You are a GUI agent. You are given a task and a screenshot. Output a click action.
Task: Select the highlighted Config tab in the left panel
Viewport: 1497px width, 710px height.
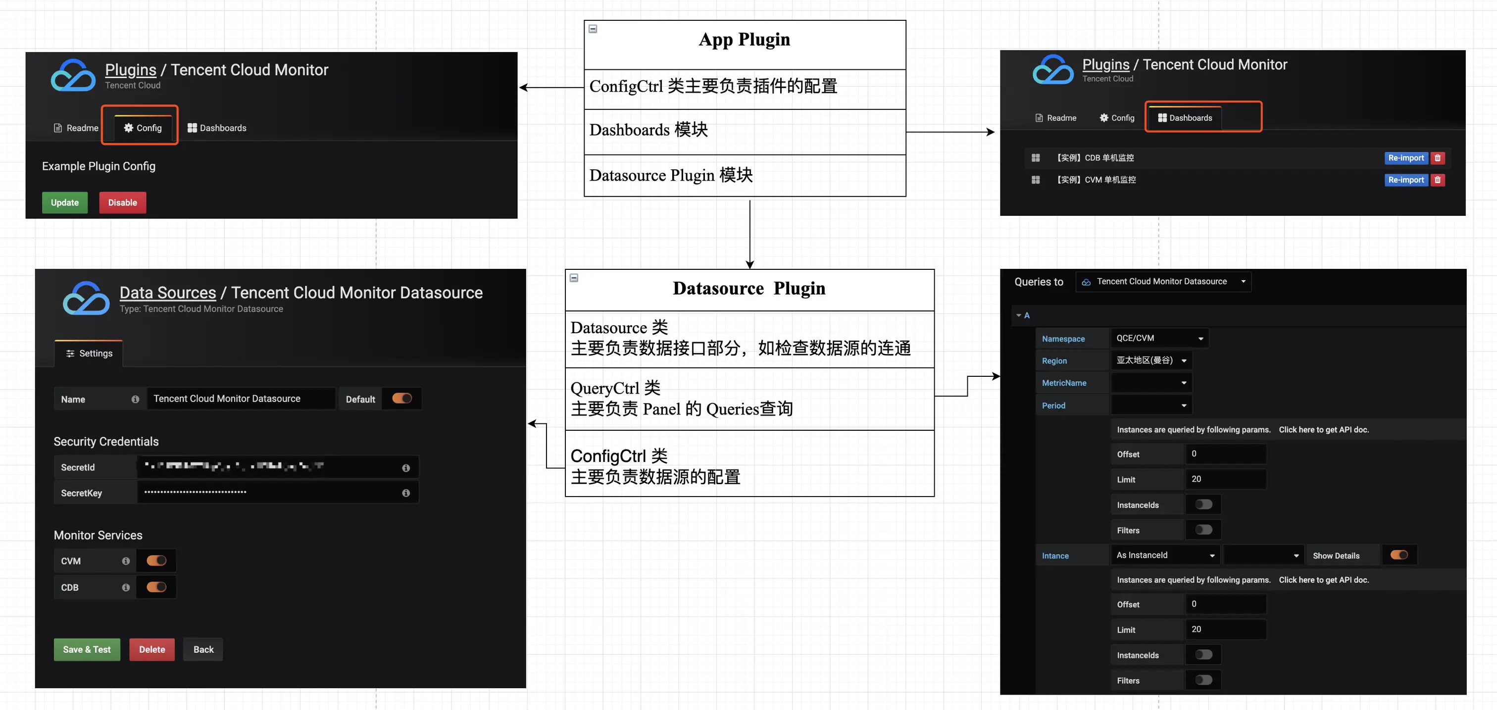click(x=143, y=128)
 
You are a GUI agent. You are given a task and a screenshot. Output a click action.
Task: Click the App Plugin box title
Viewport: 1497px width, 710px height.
click(x=744, y=40)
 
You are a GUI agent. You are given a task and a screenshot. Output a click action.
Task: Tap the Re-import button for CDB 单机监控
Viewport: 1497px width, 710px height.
click(x=1405, y=158)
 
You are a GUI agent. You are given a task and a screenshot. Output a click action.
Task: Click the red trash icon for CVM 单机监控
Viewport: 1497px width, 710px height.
click(x=1438, y=180)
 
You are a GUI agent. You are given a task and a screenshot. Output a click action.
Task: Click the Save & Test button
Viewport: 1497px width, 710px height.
click(x=87, y=650)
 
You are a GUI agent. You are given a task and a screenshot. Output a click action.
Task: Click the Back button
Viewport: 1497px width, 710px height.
click(x=203, y=650)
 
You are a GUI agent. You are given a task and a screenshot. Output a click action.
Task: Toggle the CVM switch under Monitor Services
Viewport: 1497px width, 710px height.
click(x=156, y=560)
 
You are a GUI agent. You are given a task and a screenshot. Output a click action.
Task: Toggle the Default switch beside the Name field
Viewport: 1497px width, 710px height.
click(x=401, y=399)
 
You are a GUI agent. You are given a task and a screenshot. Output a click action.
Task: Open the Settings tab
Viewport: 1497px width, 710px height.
click(x=89, y=353)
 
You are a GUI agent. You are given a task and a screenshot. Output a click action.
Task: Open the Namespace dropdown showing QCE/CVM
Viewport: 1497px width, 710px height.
click(x=1159, y=338)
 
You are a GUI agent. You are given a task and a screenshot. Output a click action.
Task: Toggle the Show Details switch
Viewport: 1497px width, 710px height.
click(x=1399, y=555)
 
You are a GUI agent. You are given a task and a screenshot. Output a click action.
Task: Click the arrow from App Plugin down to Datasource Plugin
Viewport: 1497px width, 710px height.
click(x=749, y=232)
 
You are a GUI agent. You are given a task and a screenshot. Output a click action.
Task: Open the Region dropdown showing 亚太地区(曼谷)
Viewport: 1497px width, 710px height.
click(x=1150, y=360)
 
